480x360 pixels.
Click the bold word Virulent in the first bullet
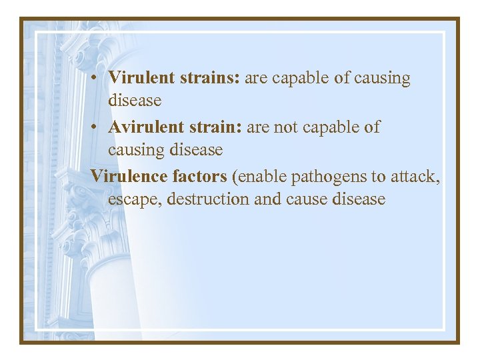coord(142,78)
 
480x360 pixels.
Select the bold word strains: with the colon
coord(210,78)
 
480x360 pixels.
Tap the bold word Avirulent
coord(147,127)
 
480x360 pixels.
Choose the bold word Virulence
coord(129,176)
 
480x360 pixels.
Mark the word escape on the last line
coord(133,199)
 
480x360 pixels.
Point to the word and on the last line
coord(268,199)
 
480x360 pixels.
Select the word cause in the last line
coord(308,199)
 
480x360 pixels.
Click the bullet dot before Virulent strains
coord(97,79)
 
